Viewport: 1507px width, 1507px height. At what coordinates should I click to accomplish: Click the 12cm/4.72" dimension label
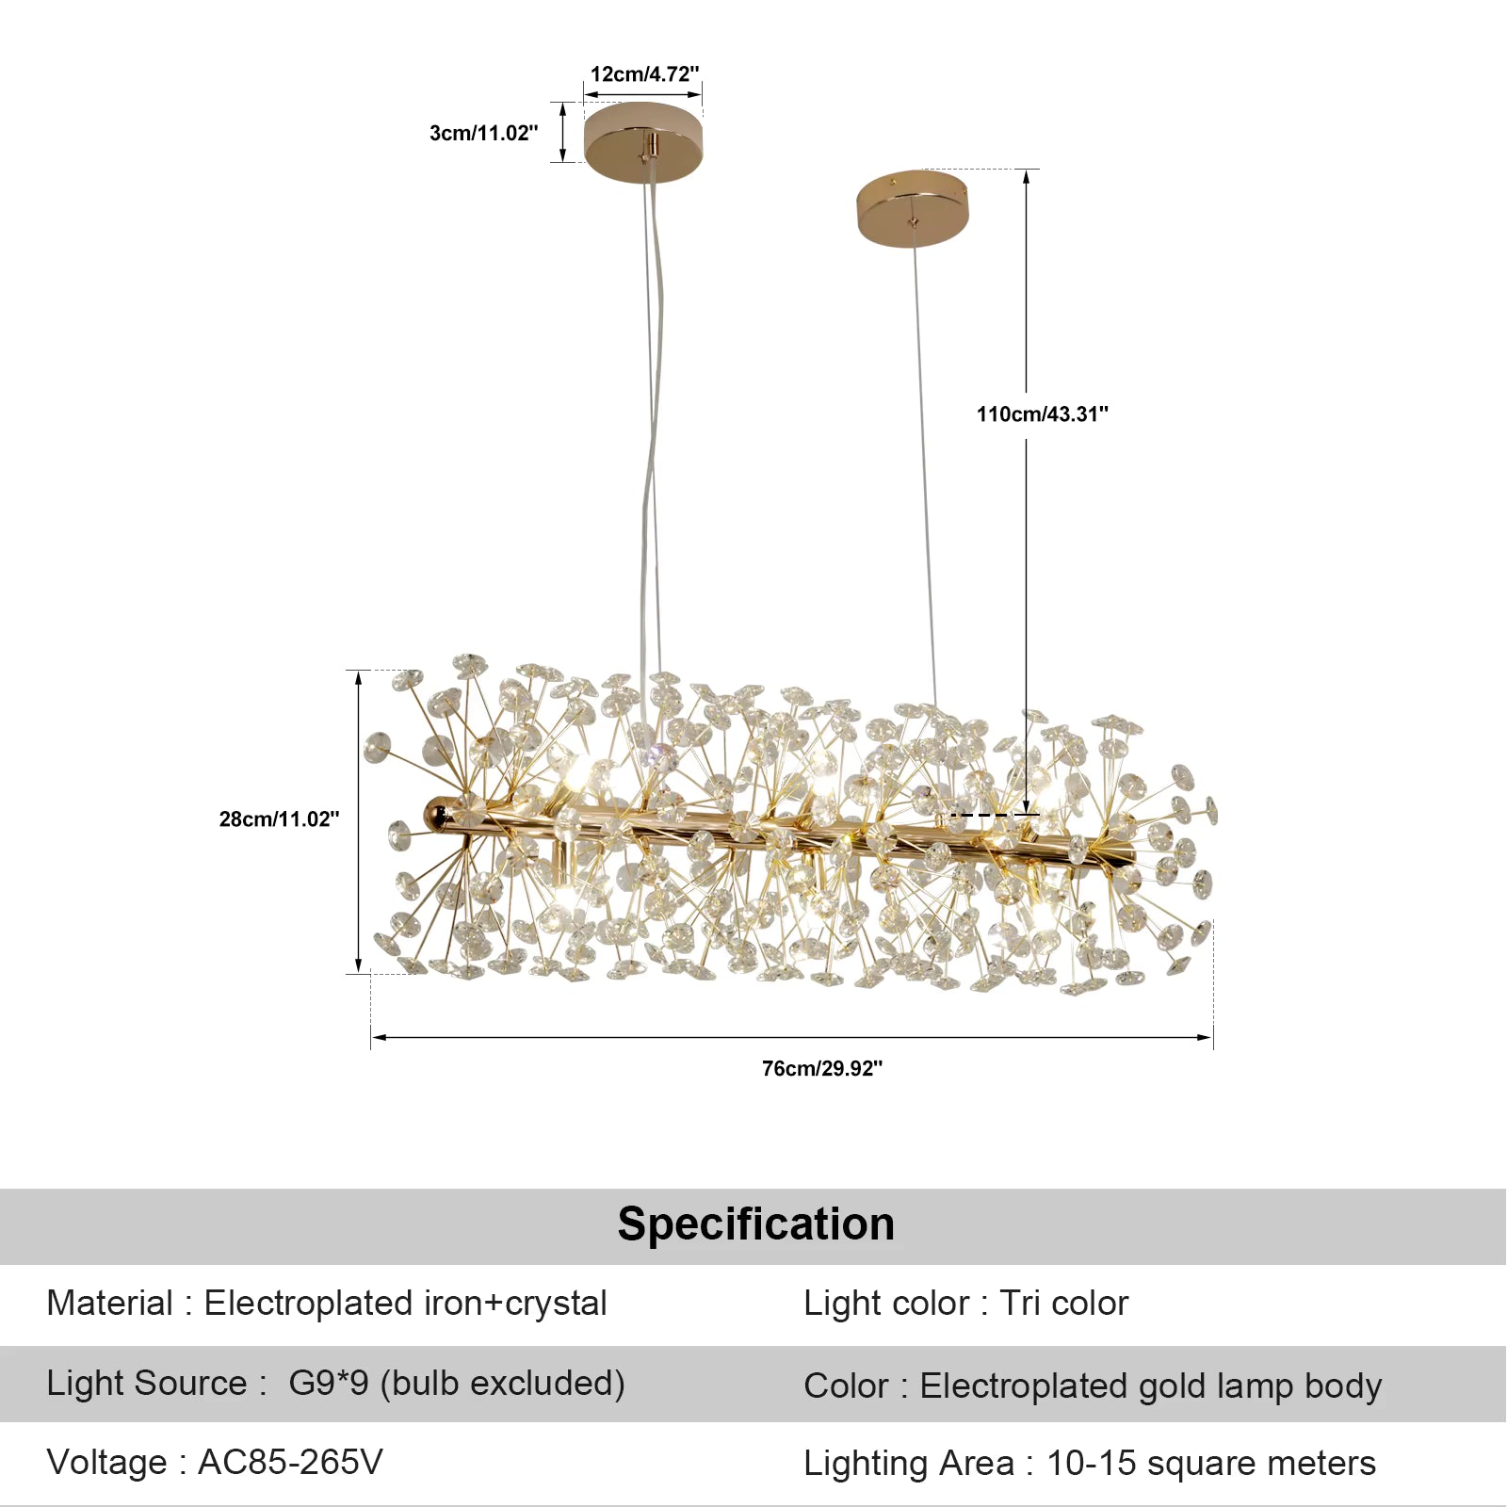[644, 74]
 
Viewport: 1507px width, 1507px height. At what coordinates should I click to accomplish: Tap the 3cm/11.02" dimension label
[483, 134]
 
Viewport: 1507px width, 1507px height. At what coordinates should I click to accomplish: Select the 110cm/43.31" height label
[1042, 414]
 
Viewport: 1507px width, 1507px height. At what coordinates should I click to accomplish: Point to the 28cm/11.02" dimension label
[279, 819]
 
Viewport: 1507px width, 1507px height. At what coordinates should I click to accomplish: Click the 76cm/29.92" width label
[821, 1068]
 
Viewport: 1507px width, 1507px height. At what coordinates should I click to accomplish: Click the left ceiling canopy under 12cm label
[643, 141]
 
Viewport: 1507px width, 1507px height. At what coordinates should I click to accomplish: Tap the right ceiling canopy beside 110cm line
[912, 208]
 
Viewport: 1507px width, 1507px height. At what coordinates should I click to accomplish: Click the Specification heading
[755, 1224]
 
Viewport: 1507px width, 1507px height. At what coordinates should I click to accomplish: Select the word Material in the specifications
[109, 1304]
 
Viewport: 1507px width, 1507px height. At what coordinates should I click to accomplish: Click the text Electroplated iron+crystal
[405, 1304]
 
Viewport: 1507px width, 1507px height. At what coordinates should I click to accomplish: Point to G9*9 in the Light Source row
[328, 1384]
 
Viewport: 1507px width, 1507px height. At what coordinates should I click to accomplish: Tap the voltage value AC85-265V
[290, 1463]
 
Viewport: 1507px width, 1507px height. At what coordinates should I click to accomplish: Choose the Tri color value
[1063, 1304]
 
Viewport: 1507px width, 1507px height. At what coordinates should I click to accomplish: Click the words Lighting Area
[908, 1464]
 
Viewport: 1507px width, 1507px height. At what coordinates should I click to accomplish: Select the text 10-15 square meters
[1211, 1464]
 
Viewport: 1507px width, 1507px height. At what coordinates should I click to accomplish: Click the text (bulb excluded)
[502, 1384]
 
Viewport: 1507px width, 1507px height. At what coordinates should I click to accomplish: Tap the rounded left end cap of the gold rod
[436, 813]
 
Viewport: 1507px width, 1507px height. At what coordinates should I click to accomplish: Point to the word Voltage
[106, 1463]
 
